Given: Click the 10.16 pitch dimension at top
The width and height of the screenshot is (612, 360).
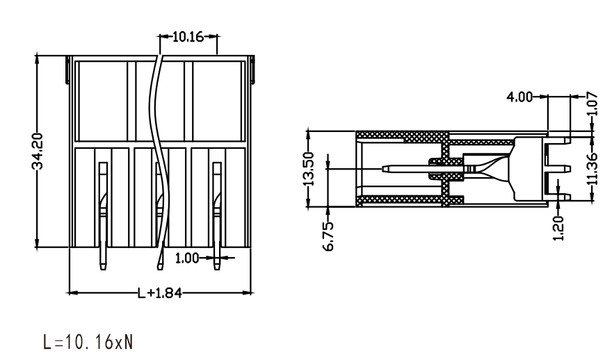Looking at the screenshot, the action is [188, 37].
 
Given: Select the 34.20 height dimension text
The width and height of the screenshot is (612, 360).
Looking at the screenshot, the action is [38, 152].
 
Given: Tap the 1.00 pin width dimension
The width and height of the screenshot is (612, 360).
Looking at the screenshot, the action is [186, 259].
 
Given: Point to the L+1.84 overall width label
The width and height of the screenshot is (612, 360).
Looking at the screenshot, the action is [160, 293].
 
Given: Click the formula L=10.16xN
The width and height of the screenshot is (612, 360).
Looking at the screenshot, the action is [88, 342].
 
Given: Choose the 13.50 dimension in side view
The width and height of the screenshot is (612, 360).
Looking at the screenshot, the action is [308, 169].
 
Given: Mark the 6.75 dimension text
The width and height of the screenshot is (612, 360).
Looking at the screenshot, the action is [329, 236].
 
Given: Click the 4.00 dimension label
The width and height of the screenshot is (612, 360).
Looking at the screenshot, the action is [519, 97].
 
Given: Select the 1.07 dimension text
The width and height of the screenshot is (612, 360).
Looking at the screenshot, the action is [593, 104].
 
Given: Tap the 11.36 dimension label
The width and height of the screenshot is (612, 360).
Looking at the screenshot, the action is [593, 168].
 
